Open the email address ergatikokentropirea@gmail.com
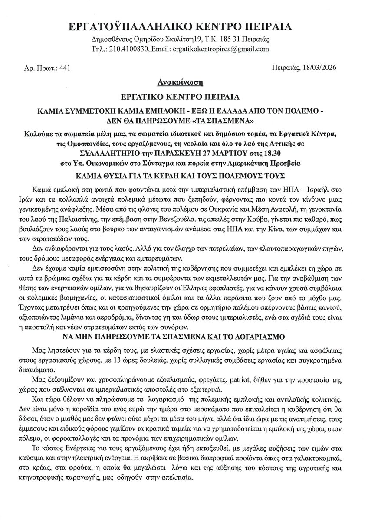pos(220,50)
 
